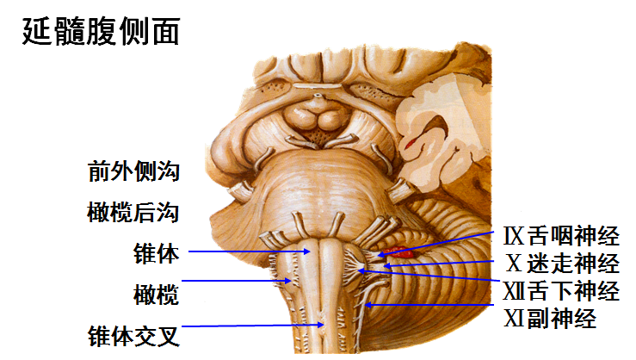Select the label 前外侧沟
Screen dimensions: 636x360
(x=133, y=171)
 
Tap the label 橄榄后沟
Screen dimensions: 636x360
(x=133, y=212)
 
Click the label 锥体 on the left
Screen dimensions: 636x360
(x=156, y=253)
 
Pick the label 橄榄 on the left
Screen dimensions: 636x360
(x=156, y=294)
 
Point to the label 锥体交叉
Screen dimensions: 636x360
(x=133, y=334)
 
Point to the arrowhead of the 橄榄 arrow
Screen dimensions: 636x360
(x=290, y=280)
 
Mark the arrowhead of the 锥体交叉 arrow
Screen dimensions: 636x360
(x=322, y=325)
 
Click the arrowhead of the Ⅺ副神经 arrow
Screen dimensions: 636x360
(x=366, y=304)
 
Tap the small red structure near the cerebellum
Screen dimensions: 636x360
(x=399, y=253)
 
